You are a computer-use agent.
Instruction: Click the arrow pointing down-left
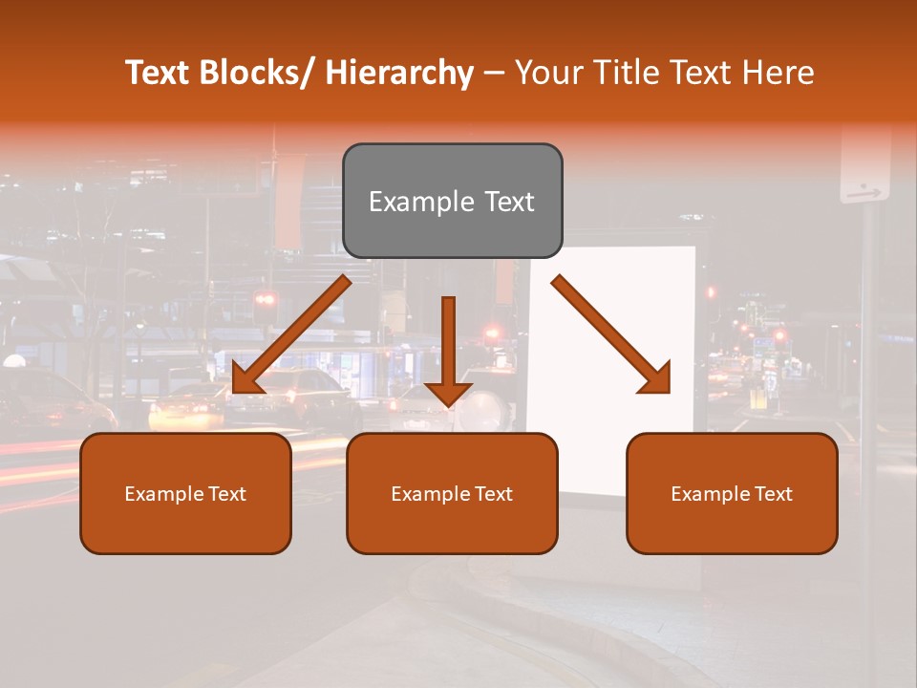coord(290,334)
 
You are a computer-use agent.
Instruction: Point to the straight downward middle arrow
coord(448,349)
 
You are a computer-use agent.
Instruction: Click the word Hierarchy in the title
coord(399,73)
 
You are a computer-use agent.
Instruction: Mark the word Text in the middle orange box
coord(492,494)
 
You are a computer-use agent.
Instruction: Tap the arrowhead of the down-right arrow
coord(655,377)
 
